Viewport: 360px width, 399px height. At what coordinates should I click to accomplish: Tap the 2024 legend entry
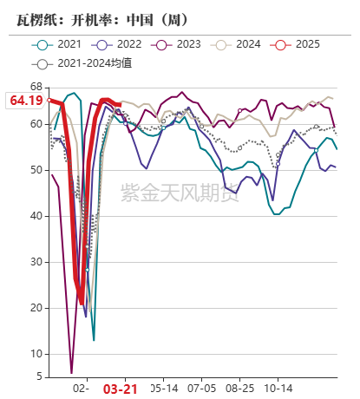241,44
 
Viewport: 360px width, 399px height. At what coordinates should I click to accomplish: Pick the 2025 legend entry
300,44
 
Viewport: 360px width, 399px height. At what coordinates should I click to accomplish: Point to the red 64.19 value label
25,101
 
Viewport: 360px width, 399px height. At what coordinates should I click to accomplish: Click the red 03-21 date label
120,389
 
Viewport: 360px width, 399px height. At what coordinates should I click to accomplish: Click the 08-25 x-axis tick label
239,389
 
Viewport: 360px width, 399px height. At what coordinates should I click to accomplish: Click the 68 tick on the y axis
36,87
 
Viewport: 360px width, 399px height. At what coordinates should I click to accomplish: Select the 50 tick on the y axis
36,170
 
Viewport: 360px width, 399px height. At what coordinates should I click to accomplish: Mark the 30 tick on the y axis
36,261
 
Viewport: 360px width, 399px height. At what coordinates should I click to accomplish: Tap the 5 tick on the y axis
38,376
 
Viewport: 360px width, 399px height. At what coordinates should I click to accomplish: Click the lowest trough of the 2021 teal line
93,339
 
